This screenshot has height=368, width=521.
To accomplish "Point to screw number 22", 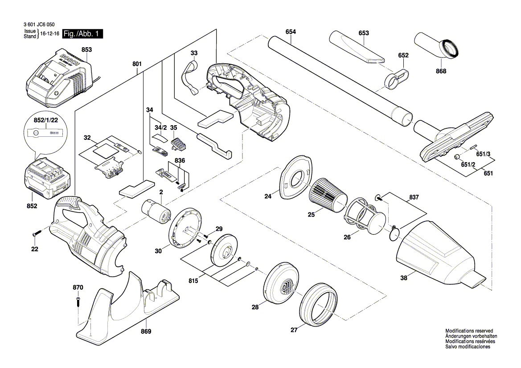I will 36,233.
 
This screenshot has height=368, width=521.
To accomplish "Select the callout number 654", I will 291,32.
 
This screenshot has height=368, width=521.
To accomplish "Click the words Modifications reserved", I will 469,331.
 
